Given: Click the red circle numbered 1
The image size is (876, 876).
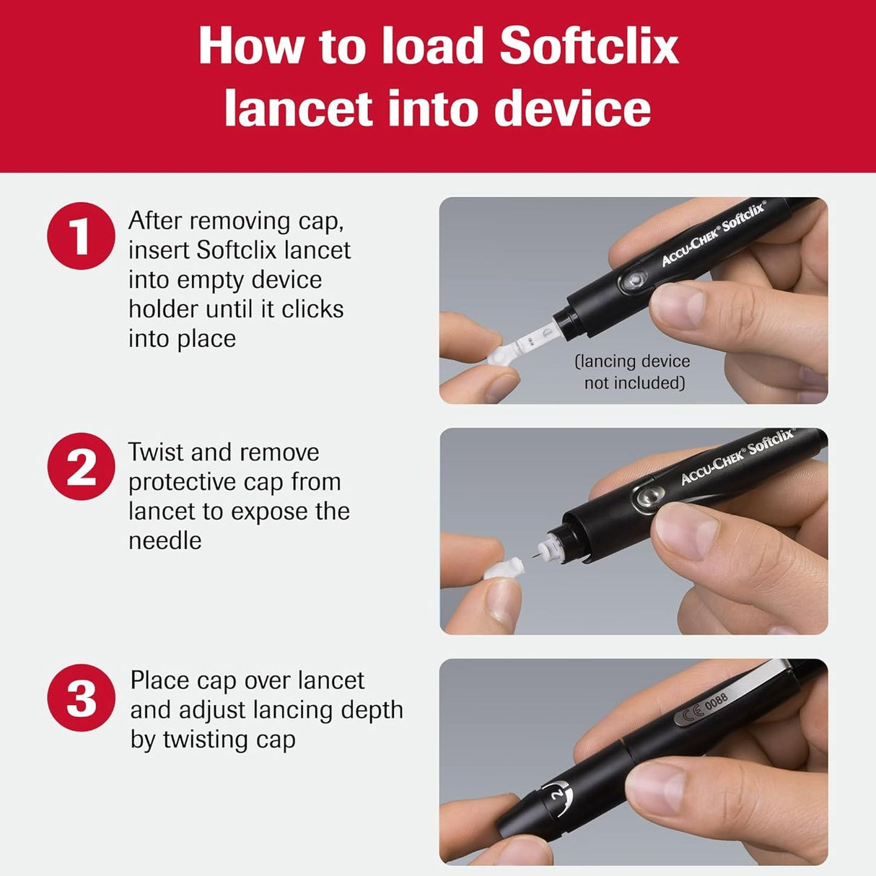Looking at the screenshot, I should tap(81, 236).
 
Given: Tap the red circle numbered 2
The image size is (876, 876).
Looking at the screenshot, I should tap(81, 467).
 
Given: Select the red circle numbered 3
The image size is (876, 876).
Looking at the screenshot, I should tap(81, 698).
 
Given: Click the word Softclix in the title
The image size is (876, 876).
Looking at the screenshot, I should tap(588, 46).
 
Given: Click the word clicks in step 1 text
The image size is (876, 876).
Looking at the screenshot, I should tap(312, 309).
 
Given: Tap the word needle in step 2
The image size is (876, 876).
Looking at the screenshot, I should tap(165, 540).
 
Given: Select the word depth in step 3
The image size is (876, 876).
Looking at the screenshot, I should tap(372, 710).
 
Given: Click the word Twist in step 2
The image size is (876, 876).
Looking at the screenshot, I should tap(155, 452).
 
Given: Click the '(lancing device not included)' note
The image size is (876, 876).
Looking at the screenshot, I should tap(633, 372).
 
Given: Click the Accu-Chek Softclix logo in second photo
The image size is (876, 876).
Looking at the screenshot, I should tap(737, 457).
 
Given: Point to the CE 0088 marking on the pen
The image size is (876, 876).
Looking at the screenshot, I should tap(704, 707).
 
